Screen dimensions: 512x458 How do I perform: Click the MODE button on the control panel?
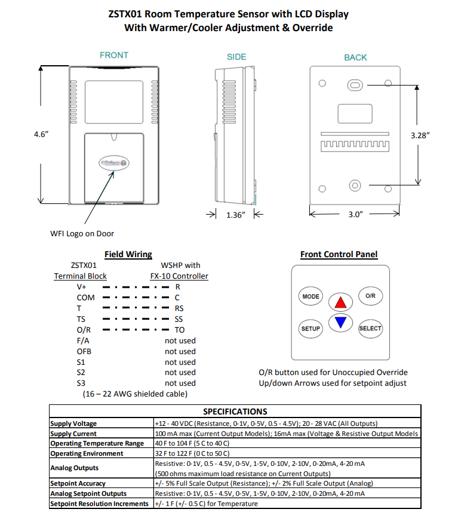pyautogui.click(x=311, y=297)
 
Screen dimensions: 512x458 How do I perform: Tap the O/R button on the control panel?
pyautogui.click(x=370, y=296)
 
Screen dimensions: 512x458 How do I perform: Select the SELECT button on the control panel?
pyautogui.click(x=370, y=328)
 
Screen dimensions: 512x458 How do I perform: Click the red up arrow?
pyautogui.click(x=340, y=301)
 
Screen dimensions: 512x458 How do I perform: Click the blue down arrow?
pyautogui.click(x=340, y=323)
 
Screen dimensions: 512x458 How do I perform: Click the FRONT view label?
pyautogui.click(x=114, y=55)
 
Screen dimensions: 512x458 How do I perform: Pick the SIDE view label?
pyautogui.click(x=236, y=57)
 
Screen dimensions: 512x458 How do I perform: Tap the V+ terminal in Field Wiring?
pyautogui.click(x=82, y=287)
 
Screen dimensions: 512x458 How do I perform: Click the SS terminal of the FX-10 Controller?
pyautogui.click(x=179, y=319)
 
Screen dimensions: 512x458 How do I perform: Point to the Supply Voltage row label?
pyautogui.click(x=73, y=423)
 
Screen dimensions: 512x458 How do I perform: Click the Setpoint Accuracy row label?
pyautogui.click(x=78, y=483)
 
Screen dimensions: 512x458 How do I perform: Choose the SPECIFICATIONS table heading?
pyautogui.click(x=235, y=412)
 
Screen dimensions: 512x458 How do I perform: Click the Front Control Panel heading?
pyautogui.click(x=339, y=254)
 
